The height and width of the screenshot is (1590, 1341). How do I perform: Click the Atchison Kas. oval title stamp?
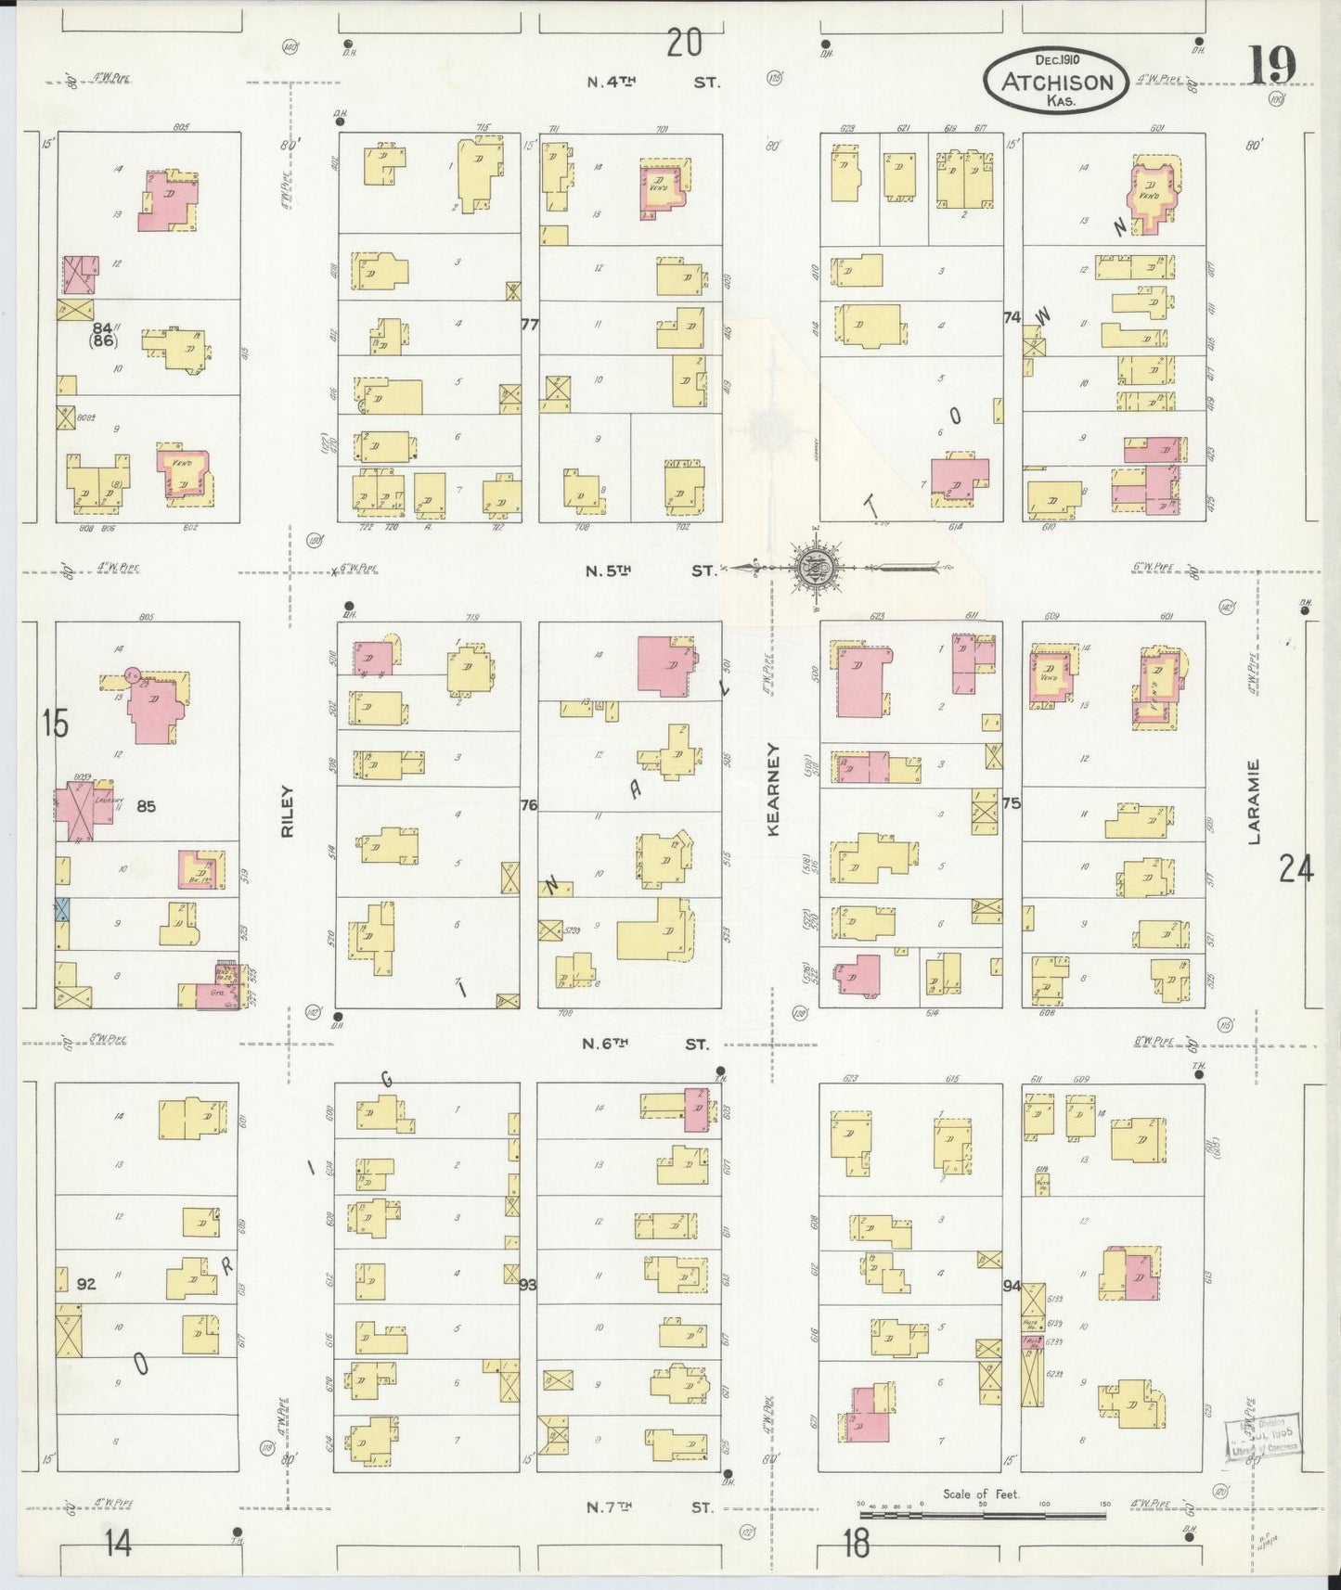point(1056,82)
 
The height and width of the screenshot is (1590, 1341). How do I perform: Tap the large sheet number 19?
point(1271,65)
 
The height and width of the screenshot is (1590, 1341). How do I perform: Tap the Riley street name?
point(287,812)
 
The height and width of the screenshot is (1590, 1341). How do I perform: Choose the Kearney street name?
point(773,789)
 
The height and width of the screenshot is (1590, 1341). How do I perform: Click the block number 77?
point(530,324)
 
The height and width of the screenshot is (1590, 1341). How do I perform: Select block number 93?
point(528,1285)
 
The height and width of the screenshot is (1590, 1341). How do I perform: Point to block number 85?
point(146,806)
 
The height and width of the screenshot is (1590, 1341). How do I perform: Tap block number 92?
point(86,1285)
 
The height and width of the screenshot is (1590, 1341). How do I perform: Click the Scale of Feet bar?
point(982,1516)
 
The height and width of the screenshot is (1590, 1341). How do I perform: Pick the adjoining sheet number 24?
point(1296,869)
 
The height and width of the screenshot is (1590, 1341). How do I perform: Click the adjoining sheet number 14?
point(118,1545)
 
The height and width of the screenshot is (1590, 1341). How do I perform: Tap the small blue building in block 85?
point(62,908)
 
